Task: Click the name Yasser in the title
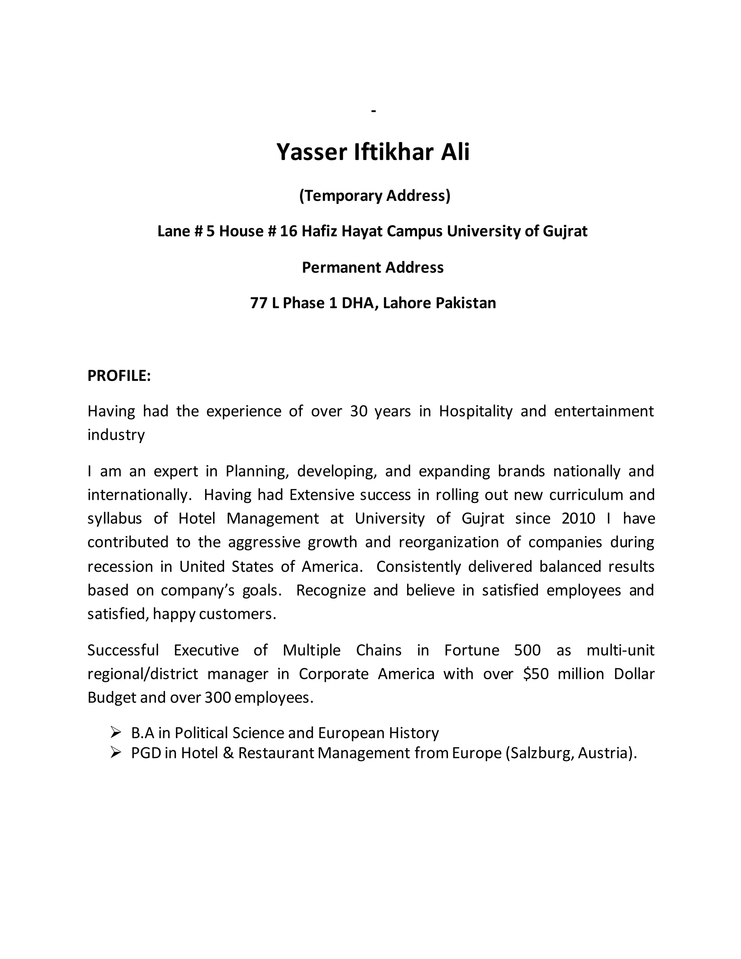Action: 311,152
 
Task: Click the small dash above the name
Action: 373,111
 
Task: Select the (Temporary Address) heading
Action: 374,195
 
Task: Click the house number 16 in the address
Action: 288,231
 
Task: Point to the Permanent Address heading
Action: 373,267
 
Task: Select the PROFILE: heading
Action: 119,376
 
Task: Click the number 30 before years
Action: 359,411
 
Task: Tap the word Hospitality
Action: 475,411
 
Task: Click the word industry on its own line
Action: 116,435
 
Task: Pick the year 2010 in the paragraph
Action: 578,519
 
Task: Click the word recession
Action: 119,566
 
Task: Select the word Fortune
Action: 471,650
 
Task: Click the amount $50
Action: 535,673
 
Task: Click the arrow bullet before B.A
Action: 115,732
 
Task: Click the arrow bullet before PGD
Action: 115,753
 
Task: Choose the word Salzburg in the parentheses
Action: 539,753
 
